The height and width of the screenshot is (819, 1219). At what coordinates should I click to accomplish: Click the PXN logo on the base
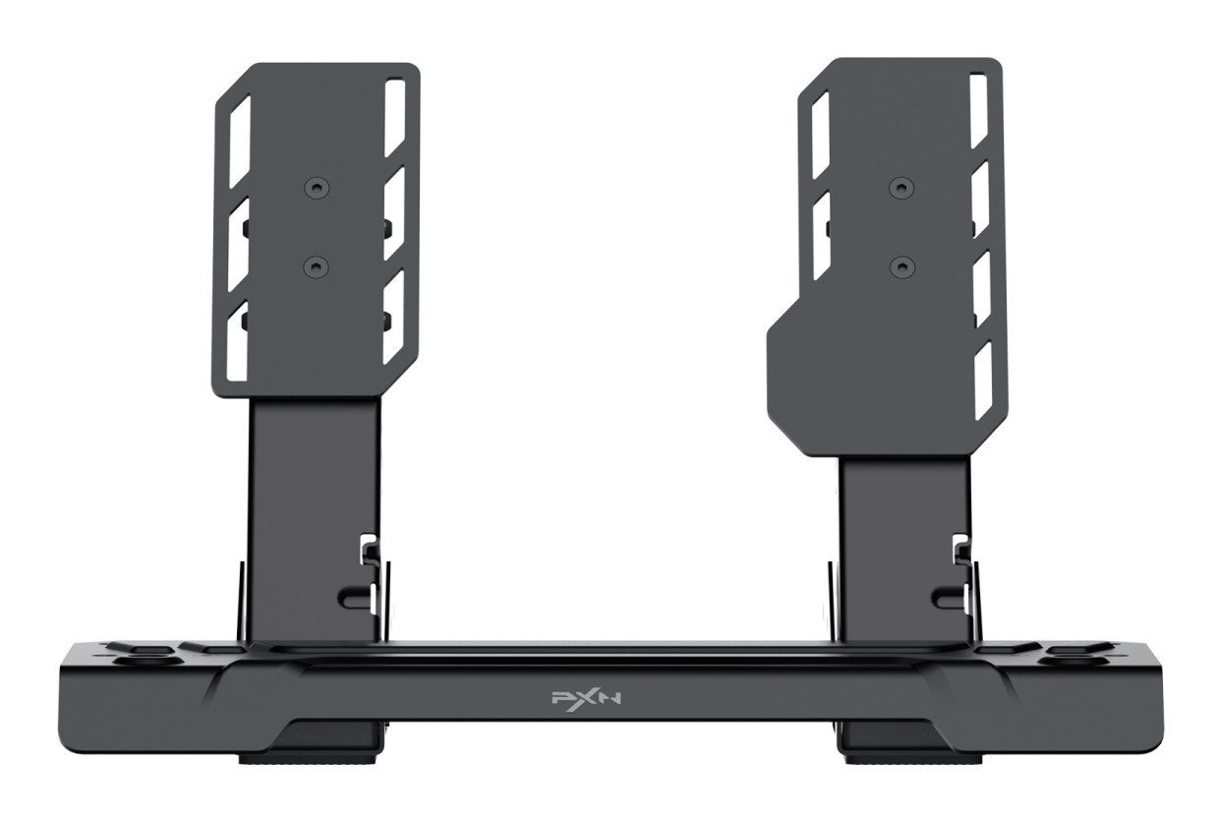click(585, 699)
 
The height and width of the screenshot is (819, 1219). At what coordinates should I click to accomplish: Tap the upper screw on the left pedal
click(317, 187)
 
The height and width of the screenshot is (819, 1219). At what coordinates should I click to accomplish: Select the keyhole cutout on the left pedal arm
click(357, 594)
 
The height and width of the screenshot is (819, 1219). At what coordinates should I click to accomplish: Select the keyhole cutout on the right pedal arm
click(949, 594)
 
